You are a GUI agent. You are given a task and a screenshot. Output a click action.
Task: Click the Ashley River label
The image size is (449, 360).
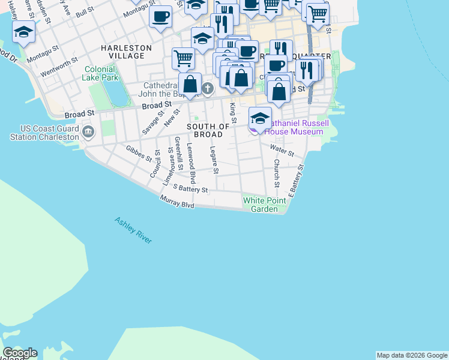click(x=133, y=230)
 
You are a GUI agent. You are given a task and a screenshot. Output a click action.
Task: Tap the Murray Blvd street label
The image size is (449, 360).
click(x=177, y=202)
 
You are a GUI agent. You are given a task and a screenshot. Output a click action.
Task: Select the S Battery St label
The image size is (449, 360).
click(x=190, y=189)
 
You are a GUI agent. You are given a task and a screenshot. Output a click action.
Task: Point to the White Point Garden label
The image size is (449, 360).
click(x=261, y=205)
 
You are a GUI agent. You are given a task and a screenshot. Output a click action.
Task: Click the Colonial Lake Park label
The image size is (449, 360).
click(x=101, y=73)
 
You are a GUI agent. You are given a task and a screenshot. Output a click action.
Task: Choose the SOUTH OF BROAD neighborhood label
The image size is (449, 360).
click(x=208, y=130)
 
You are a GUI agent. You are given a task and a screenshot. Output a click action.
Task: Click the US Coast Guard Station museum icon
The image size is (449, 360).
click(x=88, y=131)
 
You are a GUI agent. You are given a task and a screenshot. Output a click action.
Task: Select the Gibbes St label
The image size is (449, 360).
click(x=139, y=154)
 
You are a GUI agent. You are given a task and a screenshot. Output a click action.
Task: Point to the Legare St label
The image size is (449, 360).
click(x=214, y=160)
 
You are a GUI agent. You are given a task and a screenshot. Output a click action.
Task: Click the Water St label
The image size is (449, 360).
click(x=282, y=150)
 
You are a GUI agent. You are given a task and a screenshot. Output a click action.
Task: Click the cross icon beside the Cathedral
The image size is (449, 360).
click(x=208, y=89)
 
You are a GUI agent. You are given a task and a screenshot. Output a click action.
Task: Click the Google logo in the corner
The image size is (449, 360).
click(x=20, y=353)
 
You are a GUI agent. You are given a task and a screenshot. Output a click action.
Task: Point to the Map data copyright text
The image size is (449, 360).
click(x=412, y=355)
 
